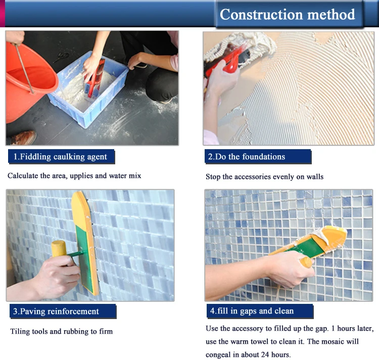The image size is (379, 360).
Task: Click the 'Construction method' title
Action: click(288, 14)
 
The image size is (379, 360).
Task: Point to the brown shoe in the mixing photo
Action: click(23, 138)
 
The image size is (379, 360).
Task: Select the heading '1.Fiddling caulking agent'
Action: click(60, 157)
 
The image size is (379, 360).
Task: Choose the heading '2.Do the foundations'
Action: click(247, 157)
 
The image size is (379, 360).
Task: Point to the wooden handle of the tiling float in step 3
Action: click(59, 249)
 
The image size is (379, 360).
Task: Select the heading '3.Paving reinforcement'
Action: click(56, 311)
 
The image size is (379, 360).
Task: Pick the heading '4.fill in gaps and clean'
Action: click(252, 311)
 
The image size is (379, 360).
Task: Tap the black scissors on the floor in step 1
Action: click(61, 57)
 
